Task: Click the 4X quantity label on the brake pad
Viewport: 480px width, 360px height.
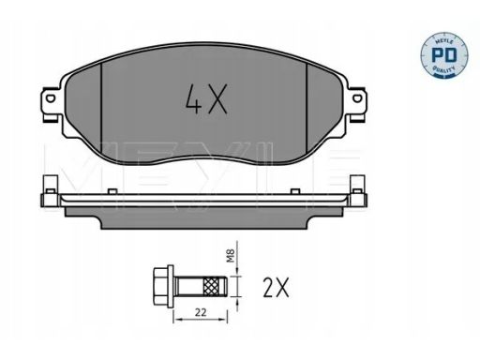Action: click(206, 98)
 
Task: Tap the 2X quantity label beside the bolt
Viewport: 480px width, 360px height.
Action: click(276, 288)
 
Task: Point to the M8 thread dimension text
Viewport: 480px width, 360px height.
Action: click(231, 256)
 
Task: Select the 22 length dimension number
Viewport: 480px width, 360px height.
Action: click(201, 312)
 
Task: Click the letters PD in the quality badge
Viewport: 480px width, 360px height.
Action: click(443, 55)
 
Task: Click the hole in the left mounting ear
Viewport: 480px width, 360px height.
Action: click(51, 98)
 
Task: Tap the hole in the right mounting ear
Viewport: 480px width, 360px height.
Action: click(356, 98)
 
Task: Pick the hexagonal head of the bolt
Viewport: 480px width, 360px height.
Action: click(160, 286)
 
